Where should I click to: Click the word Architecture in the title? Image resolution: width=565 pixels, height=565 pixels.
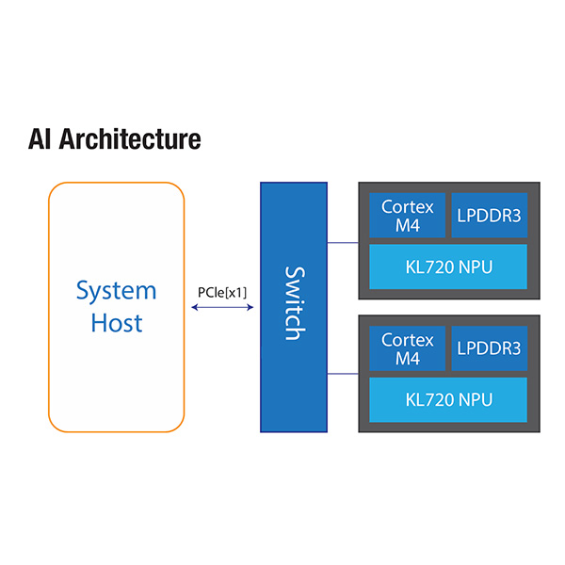tap(131, 139)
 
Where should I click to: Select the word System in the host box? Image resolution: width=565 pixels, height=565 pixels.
tap(116, 289)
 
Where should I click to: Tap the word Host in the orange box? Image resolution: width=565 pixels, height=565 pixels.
tap(116, 323)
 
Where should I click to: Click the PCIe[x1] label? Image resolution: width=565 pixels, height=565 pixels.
tap(222, 292)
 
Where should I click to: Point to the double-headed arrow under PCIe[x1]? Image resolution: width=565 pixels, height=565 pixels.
tap(222, 306)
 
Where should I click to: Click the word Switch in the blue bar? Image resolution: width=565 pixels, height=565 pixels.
tap(294, 303)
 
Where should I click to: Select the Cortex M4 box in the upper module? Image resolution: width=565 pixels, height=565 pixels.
tap(407, 216)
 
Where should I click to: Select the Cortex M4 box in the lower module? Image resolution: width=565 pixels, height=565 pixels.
tap(407, 348)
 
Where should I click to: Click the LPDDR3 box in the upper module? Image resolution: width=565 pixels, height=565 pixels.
tap(489, 216)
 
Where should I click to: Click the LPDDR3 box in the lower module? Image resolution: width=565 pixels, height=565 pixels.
tap(489, 348)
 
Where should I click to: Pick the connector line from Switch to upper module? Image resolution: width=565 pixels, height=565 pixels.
tap(343, 242)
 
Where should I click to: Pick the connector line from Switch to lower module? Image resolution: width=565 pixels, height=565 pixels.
tap(343, 375)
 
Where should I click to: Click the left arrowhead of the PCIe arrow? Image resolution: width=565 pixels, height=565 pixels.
tap(195, 306)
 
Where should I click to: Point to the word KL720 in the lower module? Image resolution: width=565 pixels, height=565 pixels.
tap(428, 398)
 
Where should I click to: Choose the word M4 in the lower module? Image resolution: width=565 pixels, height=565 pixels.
tap(407, 359)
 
